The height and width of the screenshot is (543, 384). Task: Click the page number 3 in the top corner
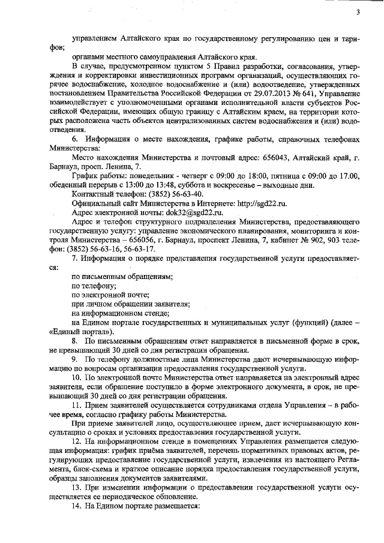pyautogui.click(x=358, y=12)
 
